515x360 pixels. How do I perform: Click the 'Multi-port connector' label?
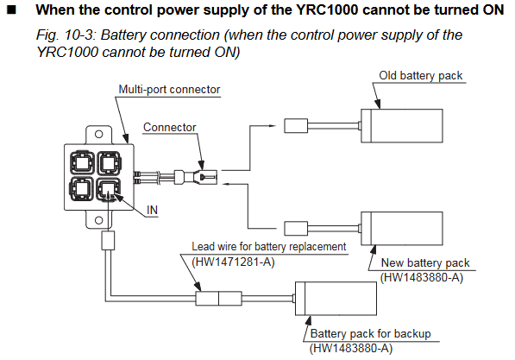coord(169,90)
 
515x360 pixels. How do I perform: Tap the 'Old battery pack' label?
coord(421,76)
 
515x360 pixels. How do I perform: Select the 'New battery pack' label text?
coord(425,263)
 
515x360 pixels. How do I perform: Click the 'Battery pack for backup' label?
coord(370,334)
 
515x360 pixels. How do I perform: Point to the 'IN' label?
coord(152,210)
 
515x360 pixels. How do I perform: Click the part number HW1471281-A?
coord(233,262)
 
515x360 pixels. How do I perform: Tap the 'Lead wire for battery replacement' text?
coord(269,247)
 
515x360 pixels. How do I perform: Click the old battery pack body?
coord(402,126)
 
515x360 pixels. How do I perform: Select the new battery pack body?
coord(402,229)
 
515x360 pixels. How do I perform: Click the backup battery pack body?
coord(336,299)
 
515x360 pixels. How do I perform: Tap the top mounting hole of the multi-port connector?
coord(99,134)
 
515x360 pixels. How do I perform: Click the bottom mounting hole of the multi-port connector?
coord(99,220)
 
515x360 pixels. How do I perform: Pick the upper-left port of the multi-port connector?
coord(82,162)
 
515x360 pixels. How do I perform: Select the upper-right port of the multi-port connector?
coord(109,162)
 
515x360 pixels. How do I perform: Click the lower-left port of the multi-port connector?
coord(81,189)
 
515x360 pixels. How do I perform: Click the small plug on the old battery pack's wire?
coord(296,126)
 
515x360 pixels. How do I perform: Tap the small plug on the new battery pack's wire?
coord(296,229)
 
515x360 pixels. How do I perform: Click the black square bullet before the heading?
coord(11,10)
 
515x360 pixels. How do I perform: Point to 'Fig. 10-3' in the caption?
coord(66,35)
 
